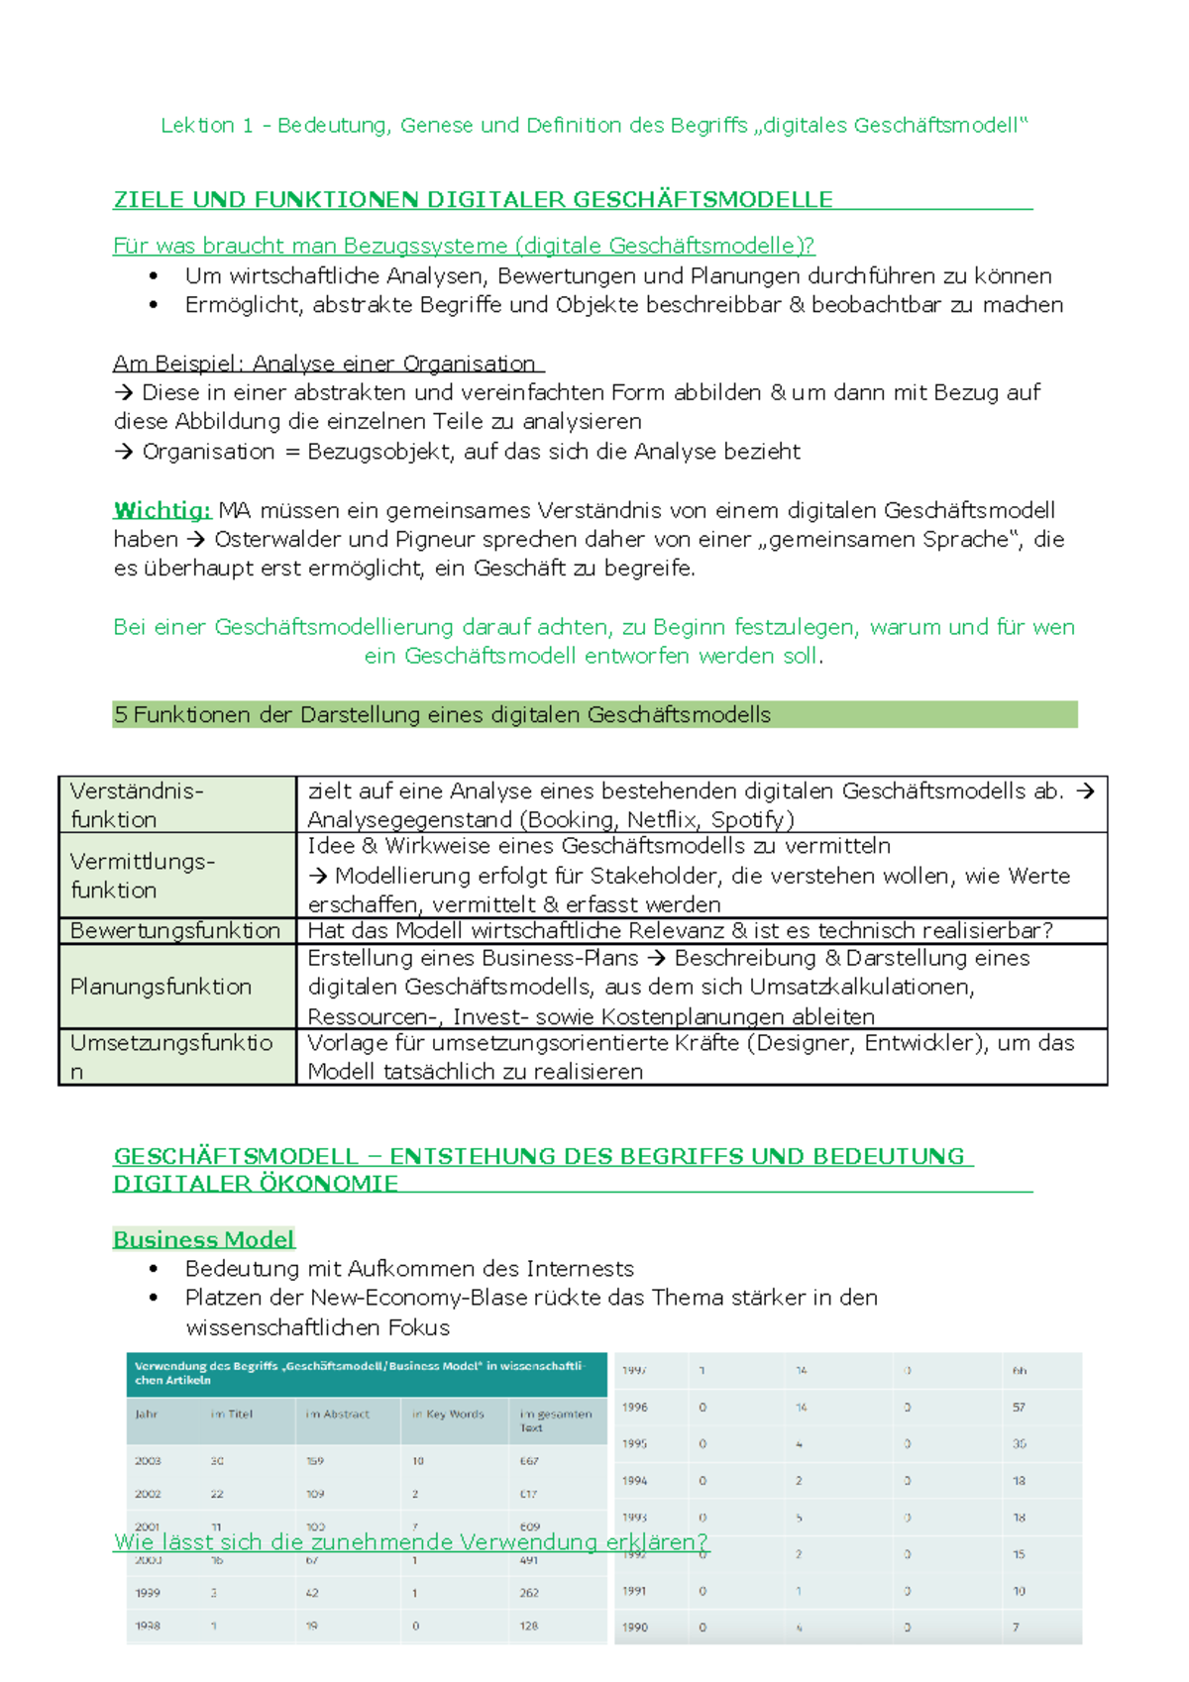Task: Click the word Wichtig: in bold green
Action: [162, 511]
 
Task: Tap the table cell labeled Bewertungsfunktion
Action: [175, 931]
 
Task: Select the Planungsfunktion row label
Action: [161, 987]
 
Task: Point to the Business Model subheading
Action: [203, 1240]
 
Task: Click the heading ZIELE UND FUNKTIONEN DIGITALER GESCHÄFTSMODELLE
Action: [473, 200]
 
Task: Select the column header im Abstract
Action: [337, 1415]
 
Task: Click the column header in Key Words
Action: [448, 1415]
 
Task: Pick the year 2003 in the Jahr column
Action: [148, 1461]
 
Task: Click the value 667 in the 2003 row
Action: [529, 1461]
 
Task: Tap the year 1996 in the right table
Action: [635, 1408]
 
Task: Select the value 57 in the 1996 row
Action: [1019, 1408]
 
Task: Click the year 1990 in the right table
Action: [635, 1628]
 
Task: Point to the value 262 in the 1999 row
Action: [529, 1593]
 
